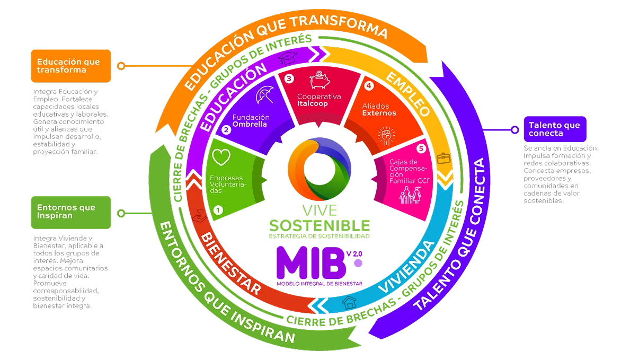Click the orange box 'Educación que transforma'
70,66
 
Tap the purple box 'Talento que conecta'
554,129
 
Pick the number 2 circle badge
226,129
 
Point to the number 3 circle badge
289,78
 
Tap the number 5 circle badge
421,149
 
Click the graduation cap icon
289,57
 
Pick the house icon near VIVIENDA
349,303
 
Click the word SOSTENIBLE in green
319,223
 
